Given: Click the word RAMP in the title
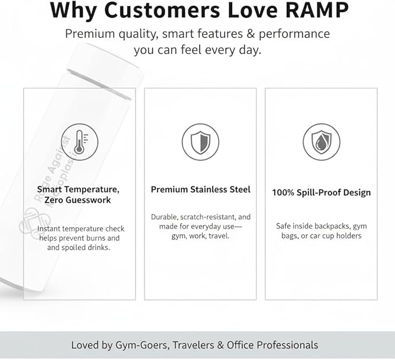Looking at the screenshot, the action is [x=317, y=10].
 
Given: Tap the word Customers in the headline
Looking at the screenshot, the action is [x=162, y=10].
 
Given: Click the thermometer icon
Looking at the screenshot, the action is [x=80, y=142].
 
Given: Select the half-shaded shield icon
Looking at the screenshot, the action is [x=201, y=142].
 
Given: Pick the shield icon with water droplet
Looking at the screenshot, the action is [x=322, y=142].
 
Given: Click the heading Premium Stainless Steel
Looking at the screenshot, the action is [x=201, y=190].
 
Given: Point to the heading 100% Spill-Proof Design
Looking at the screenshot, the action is [x=322, y=193].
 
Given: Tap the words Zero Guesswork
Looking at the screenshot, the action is [x=77, y=200].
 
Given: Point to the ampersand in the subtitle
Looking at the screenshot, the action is [x=251, y=34].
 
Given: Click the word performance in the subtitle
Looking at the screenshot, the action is [x=294, y=34].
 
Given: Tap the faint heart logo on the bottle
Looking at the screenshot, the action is [x=34, y=223].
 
